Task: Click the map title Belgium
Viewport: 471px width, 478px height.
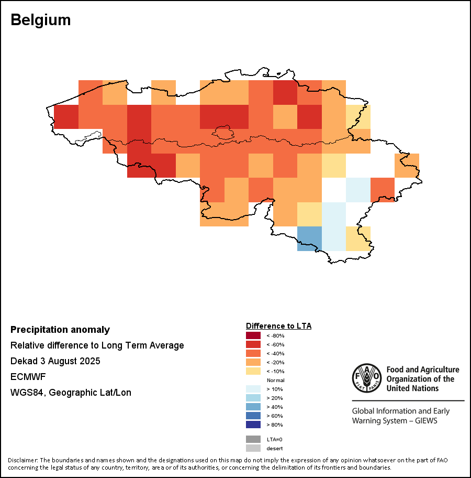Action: [x=41, y=20]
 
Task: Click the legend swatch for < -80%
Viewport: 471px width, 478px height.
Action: [x=253, y=336]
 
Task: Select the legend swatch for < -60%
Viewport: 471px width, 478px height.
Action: [x=253, y=345]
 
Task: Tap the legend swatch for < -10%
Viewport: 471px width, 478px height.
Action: [x=253, y=371]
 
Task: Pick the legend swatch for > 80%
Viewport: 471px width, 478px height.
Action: [x=253, y=425]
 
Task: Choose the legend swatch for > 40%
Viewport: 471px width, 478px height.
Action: [x=253, y=407]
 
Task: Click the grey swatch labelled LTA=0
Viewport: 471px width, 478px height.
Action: [x=253, y=439]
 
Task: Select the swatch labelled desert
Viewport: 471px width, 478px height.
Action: [x=253, y=448]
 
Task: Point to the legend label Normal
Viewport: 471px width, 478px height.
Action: [x=275, y=380]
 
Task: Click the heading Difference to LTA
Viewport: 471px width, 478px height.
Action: [x=278, y=326]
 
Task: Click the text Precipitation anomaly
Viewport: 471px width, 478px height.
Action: [x=60, y=330]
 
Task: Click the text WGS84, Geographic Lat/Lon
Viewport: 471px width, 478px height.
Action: [x=71, y=393]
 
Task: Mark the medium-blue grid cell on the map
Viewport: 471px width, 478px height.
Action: [x=309, y=238]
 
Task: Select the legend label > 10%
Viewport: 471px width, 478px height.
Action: [x=274, y=389]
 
